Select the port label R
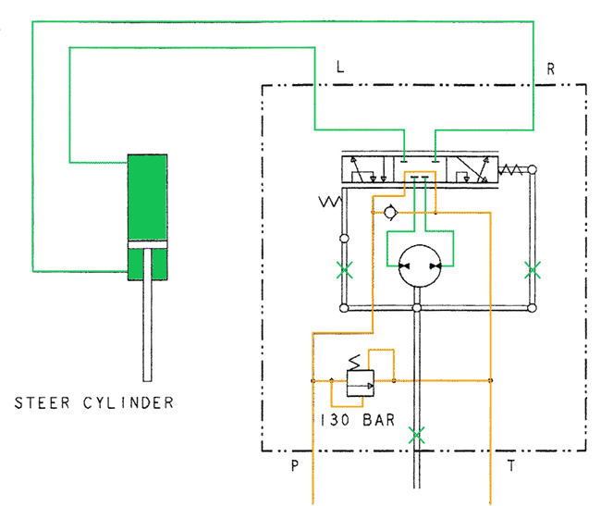coord(550,68)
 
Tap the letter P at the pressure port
coord(295,465)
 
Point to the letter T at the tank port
coord(510,465)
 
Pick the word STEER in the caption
coord(41,403)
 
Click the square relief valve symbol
coord(358,381)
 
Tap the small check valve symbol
coord(391,213)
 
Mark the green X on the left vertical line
coord(343,270)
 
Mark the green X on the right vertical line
coord(532,270)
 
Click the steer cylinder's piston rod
coord(147,328)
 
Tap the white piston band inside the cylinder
coord(147,244)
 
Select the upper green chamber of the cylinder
coord(147,197)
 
